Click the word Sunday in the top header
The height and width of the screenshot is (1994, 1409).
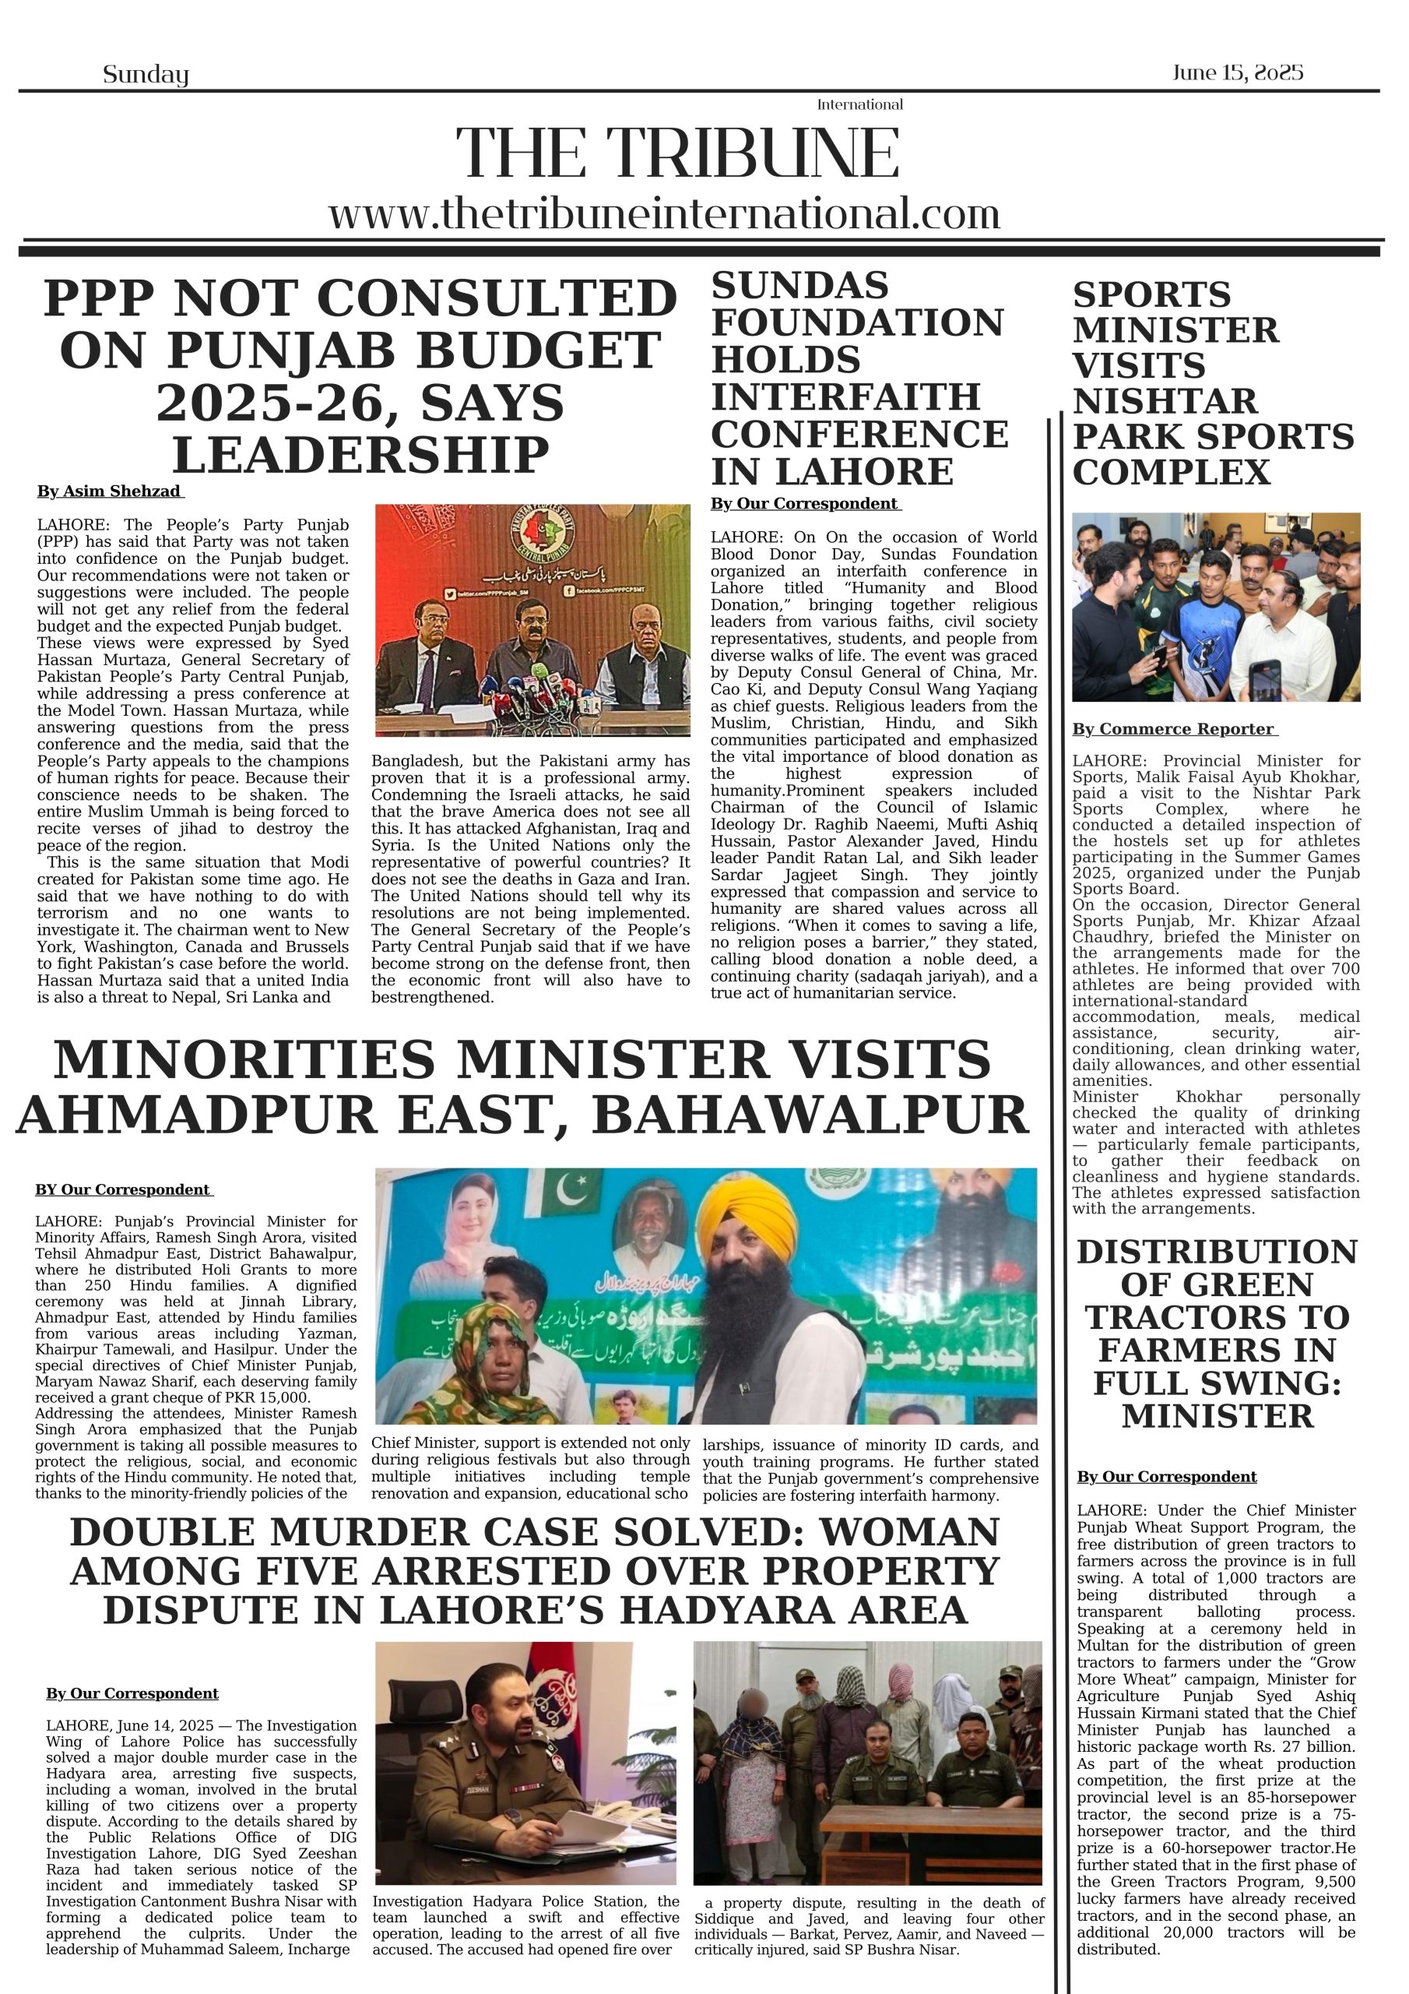pyautogui.click(x=145, y=75)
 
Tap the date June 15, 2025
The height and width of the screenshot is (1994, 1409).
pyautogui.click(x=1237, y=72)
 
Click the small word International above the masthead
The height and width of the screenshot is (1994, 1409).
pyautogui.click(x=859, y=104)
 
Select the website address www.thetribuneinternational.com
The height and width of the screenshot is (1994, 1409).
pyautogui.click(x=664, y=213)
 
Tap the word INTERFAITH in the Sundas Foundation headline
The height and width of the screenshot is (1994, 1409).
pyautogui.click(x=845, y=397)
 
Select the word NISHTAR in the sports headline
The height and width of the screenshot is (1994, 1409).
pyautogui.click(x=1165, y=401)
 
